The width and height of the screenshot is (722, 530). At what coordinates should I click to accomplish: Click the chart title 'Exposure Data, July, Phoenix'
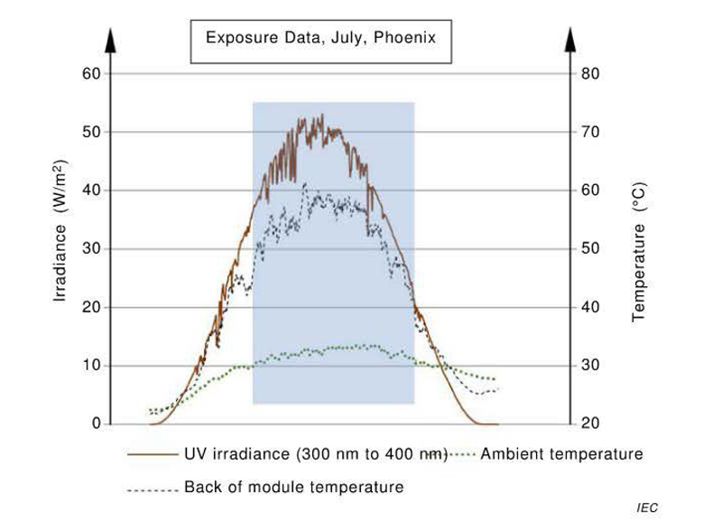320,39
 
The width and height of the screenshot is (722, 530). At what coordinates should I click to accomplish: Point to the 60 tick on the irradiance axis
92,73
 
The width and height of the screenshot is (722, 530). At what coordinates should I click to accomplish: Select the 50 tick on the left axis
92,132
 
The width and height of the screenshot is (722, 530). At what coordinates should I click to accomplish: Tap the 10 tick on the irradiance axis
92,366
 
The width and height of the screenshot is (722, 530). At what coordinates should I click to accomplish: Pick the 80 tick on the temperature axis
590,73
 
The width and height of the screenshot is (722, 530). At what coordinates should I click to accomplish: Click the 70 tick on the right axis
590,132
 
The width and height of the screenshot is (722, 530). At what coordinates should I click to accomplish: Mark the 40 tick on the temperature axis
590,307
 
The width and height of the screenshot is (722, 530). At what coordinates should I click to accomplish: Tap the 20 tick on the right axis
590,423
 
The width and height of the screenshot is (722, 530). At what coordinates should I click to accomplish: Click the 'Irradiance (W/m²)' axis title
59,232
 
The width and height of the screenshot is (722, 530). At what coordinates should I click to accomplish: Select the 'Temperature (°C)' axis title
638,249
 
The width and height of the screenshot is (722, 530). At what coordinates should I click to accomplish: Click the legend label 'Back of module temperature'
293,488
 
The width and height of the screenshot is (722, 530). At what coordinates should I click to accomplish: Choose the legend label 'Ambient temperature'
561,453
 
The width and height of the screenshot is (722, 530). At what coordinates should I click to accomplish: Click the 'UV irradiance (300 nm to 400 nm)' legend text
311,453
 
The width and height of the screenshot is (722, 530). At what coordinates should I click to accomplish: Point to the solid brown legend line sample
152,454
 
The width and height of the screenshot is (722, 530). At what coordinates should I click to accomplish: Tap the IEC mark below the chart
646,509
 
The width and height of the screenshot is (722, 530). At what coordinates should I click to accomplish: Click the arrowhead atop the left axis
110,40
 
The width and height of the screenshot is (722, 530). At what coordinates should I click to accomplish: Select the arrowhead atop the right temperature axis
570,40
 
